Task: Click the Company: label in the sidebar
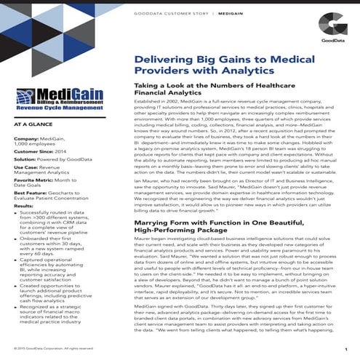(28, 137)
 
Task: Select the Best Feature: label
(32, 193)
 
